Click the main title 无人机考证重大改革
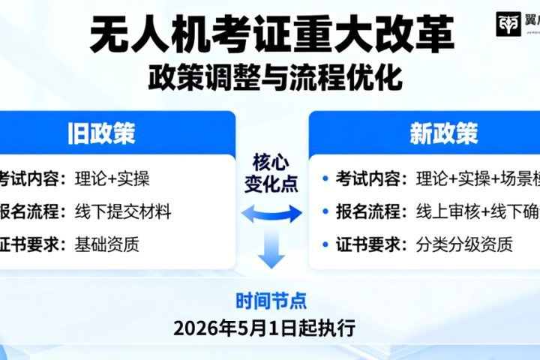pyautogui.click(x=271, y=33)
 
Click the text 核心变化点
pyautogui.click(x=271, y=172)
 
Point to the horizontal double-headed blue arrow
pyautogui.click(x=271, y=214)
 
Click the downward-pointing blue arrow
pyautogui.click(x=271, y=252)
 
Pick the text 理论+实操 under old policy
pyautogui.click(x=112, y=179)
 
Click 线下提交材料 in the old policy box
pyautogui.click(x=123, y=211)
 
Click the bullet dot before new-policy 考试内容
pyautogui.click(x=325, y=179)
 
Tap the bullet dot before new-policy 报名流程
pyautogui.click(x=325, y=212)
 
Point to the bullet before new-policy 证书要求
pyautogui.click(x=325, y=244)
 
